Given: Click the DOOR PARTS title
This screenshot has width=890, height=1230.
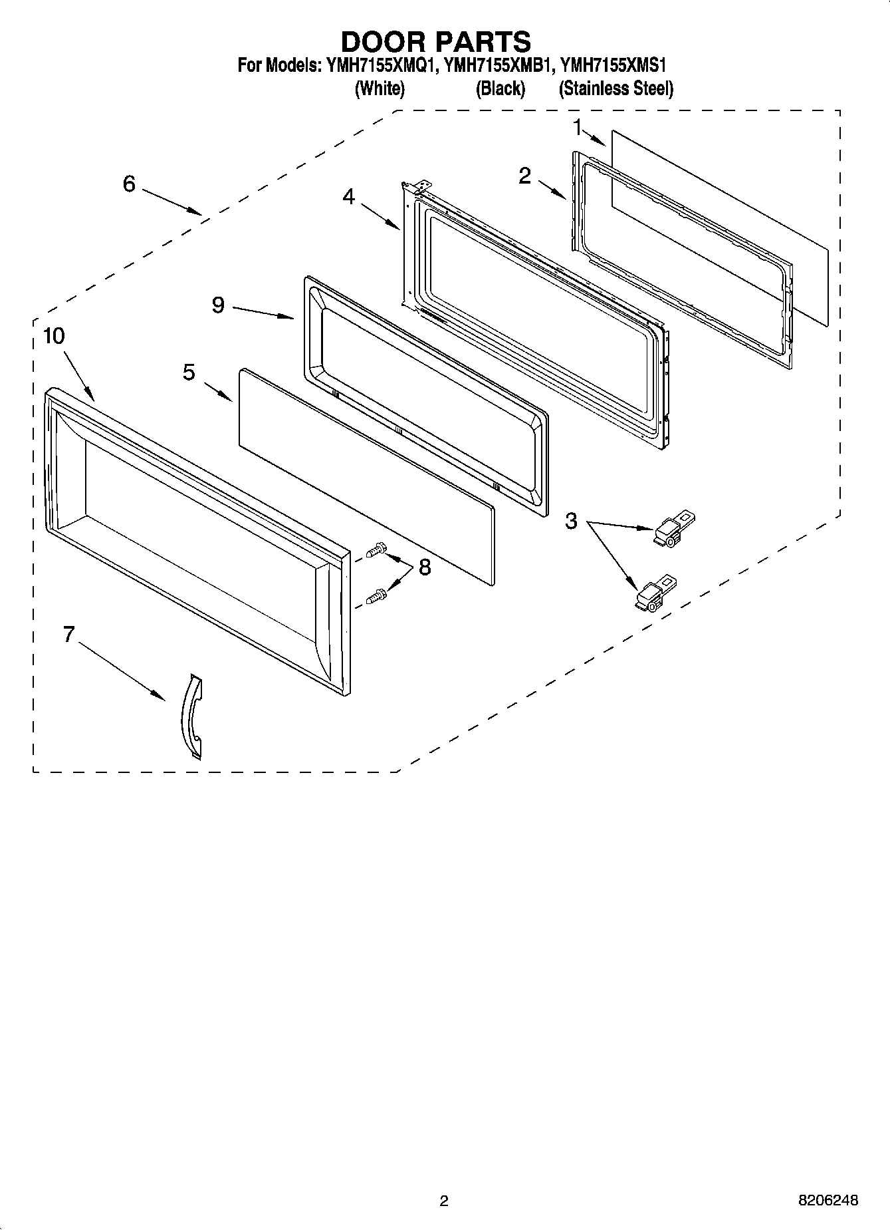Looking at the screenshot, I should click(x=436, y=41).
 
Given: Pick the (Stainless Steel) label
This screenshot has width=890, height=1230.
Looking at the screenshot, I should click(x=616, y=88).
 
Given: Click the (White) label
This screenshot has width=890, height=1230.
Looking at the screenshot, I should click(x=380, y=88).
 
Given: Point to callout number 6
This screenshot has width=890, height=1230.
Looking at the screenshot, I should click(x=129, y=184).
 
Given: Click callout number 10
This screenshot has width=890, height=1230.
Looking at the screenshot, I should click(x=54, y=336).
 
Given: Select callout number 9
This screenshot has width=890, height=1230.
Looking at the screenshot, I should click(x=218, y=305).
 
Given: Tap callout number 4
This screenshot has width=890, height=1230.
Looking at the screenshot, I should click(x=349, y=197).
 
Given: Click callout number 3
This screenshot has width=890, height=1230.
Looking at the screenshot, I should click(x=571, y=521).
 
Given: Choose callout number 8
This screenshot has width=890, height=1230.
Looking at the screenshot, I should click(x=425, y=567).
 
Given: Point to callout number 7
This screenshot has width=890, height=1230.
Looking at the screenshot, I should click(x=68, y=635).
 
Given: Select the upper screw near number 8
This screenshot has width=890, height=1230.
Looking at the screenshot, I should click(x=376, y=550).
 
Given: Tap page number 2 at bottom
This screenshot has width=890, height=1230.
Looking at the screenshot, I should click(x=444, y=1201).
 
